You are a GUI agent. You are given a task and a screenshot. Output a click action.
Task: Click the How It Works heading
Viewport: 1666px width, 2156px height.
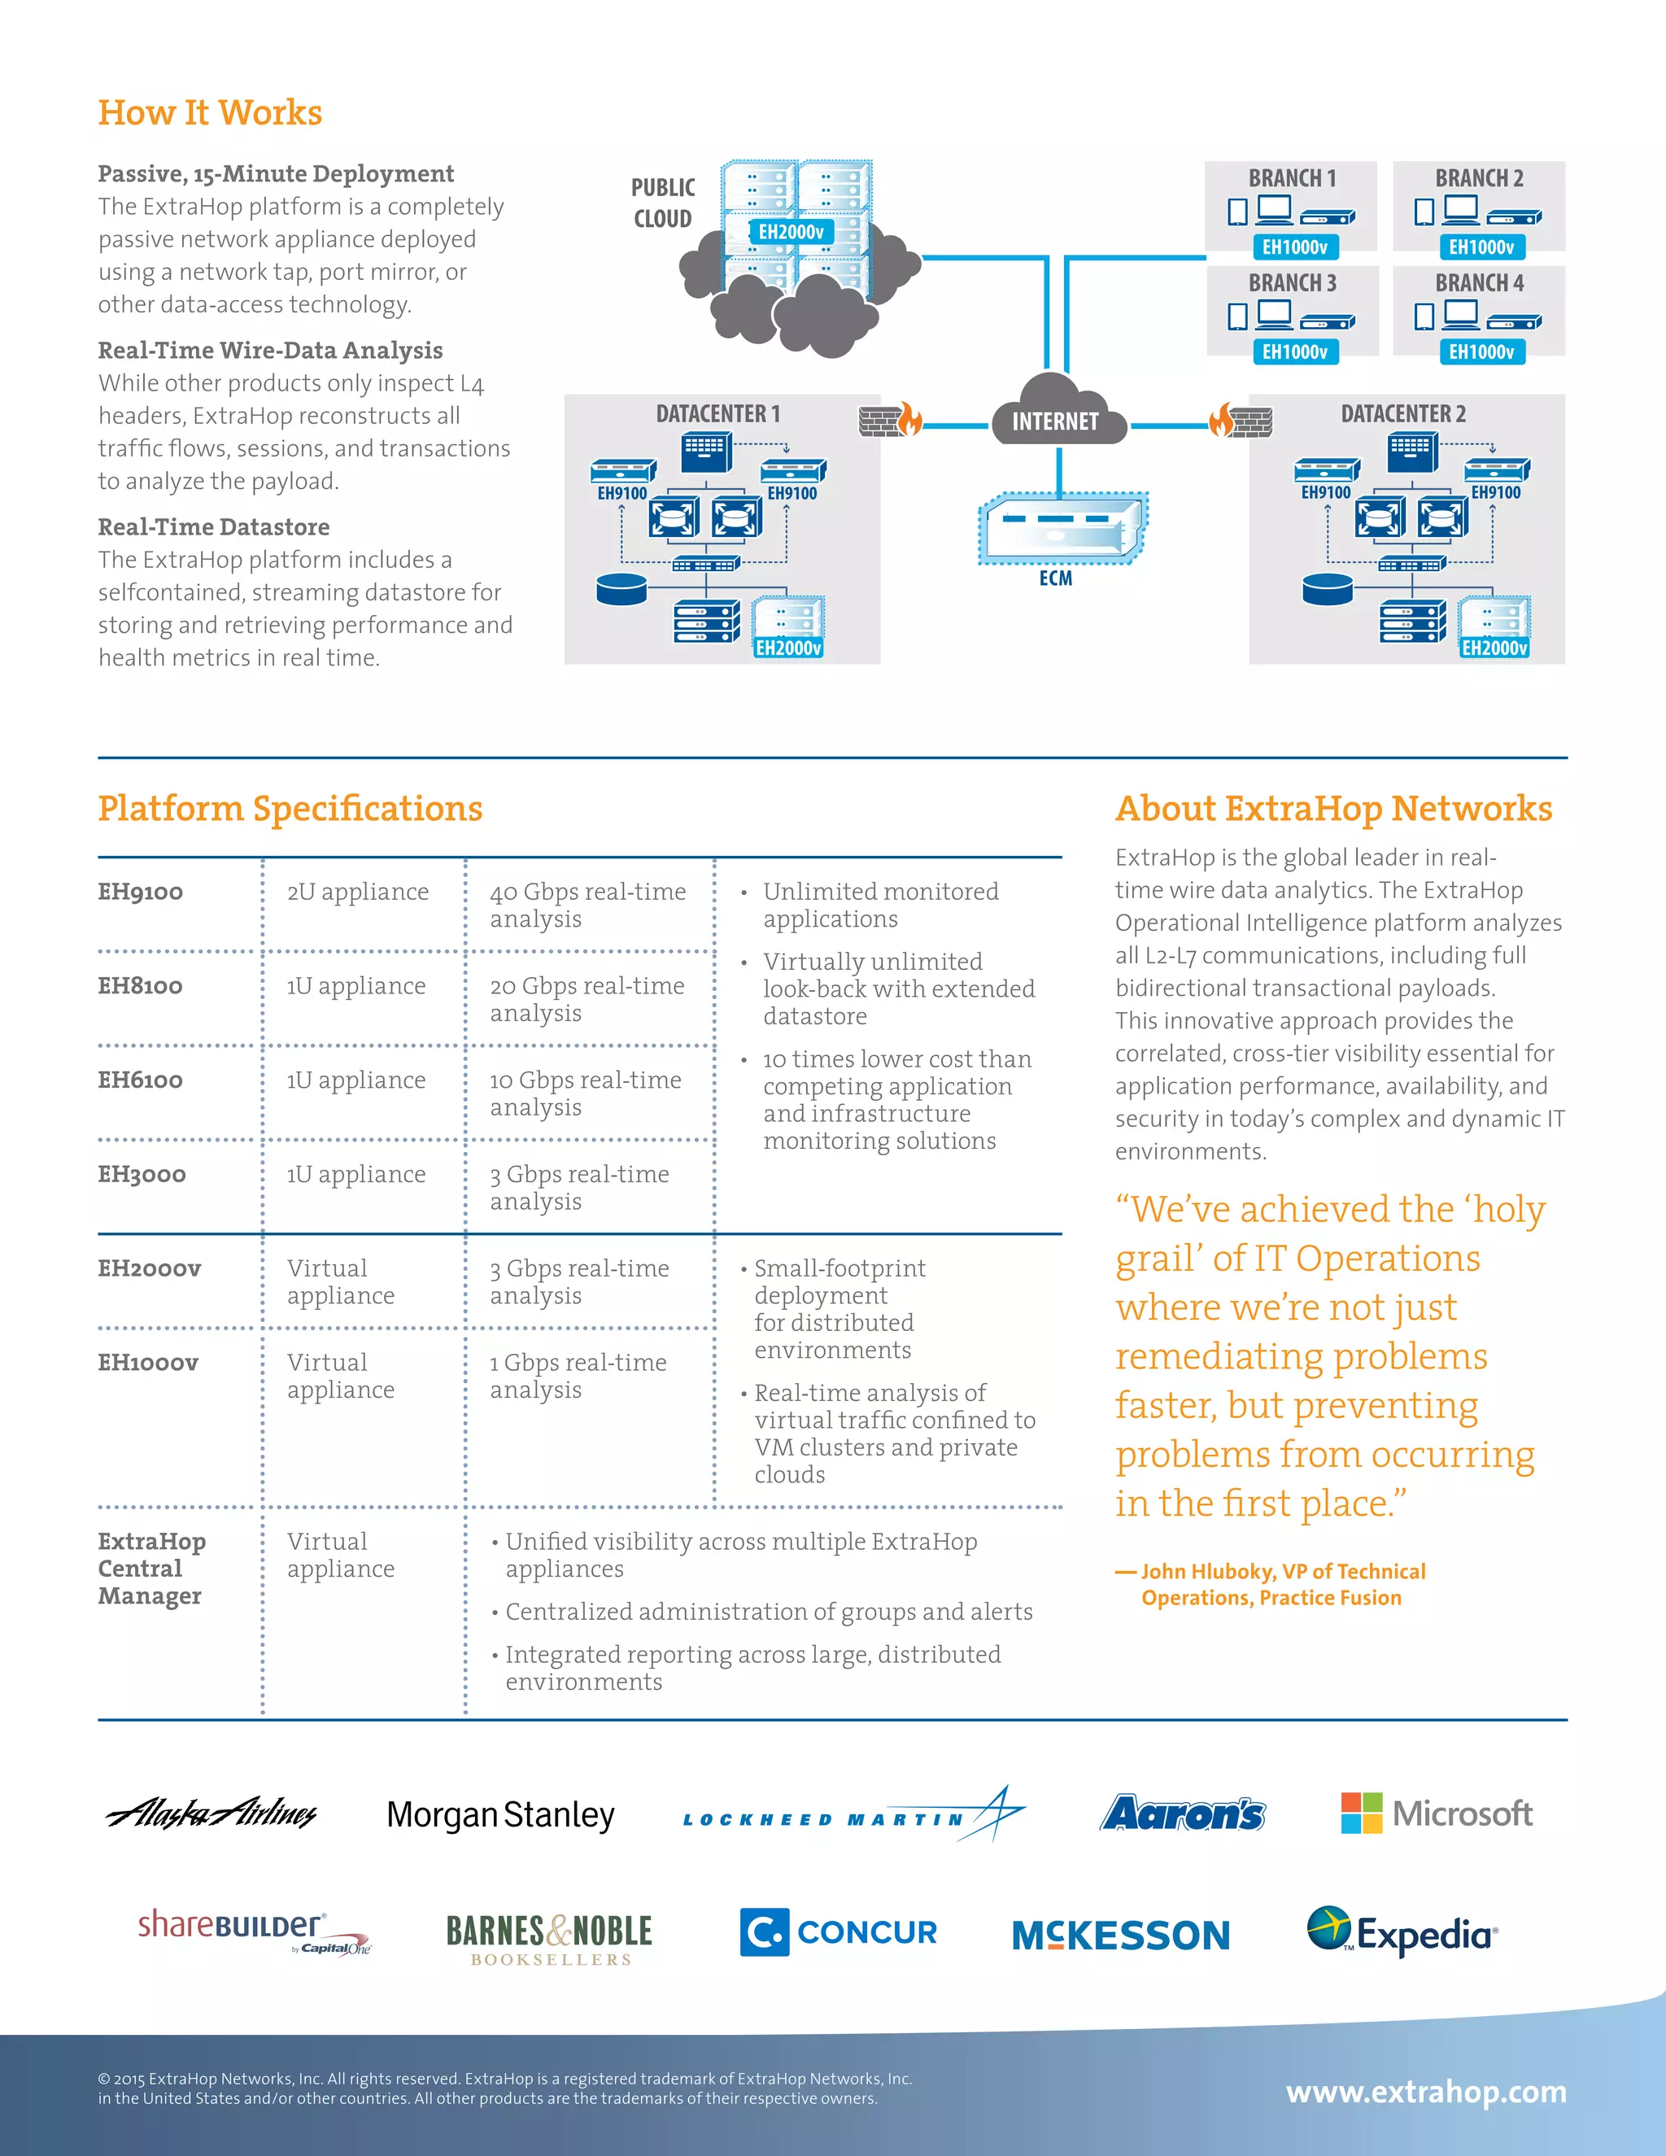tap(209, 112)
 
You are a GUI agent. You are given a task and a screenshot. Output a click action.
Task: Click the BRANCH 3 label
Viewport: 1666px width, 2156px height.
tap(1291, 283)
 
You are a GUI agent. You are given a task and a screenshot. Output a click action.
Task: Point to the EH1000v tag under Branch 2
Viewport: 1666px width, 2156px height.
tap(1481, 247)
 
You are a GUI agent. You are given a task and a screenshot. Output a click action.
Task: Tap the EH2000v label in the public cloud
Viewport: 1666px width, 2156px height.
tap(791, 232)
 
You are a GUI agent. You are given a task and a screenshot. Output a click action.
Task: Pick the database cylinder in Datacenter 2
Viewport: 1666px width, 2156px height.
tap(1327, 589)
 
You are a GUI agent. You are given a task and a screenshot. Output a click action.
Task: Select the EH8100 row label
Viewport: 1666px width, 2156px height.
tap(140, 985)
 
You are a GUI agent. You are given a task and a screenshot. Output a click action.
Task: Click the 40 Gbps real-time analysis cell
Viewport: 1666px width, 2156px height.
tap(587, 904)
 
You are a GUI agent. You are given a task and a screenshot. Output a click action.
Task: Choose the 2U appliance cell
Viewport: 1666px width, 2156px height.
tap(357, 892)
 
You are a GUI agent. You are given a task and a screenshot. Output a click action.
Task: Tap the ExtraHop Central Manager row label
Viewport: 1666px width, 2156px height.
tap(151, 1568)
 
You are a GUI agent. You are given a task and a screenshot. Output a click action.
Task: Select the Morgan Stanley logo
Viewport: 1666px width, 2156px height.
tap(500, 1814)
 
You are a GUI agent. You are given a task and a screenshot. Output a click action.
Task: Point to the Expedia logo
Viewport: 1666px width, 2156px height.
tap(1402, 1932)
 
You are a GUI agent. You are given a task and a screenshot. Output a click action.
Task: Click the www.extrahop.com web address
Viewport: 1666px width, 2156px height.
tap(1425, 2092)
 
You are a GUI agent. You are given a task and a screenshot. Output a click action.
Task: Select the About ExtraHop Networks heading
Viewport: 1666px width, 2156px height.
tap(1332, 809)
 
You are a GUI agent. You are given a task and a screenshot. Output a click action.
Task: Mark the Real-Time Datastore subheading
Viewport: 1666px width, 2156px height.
tap(213, 527)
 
